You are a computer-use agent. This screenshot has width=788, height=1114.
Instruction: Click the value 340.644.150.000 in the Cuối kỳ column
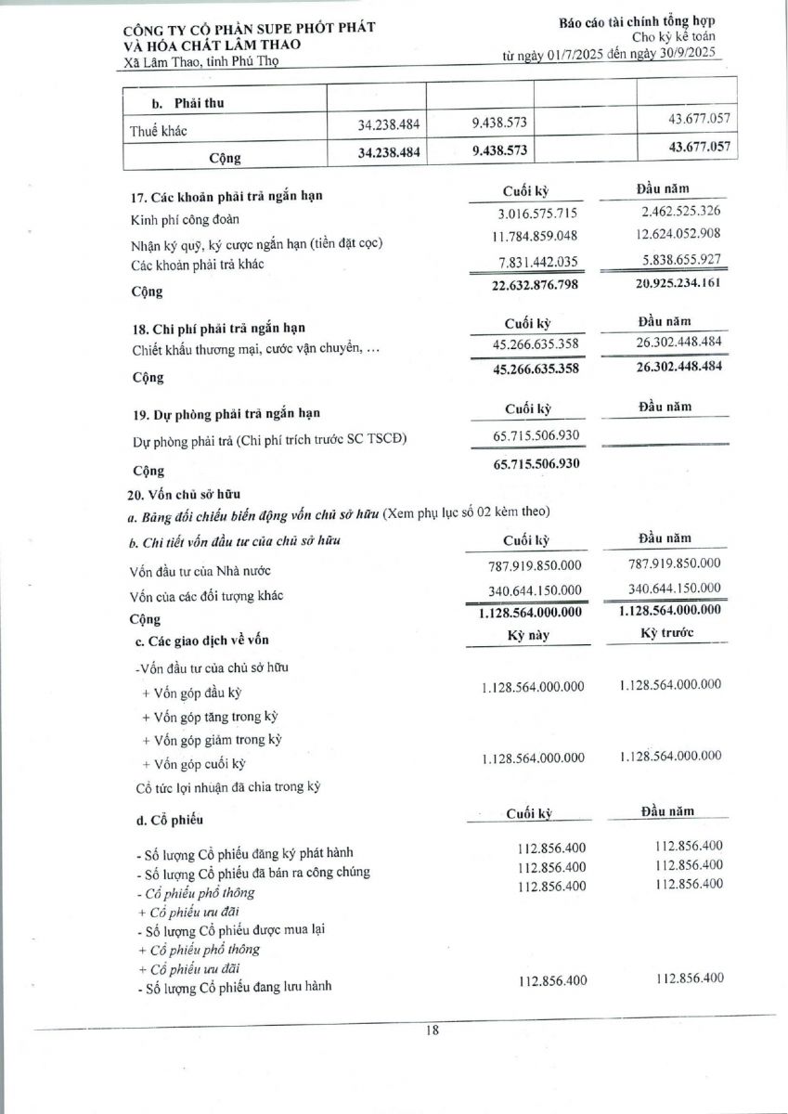coord(535,589)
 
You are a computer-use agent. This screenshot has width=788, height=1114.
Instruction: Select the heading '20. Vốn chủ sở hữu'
coord(184,494)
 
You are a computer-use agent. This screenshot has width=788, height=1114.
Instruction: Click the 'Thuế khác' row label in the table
coord(159,131)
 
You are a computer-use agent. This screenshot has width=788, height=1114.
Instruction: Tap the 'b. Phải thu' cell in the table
coord(187,102)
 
